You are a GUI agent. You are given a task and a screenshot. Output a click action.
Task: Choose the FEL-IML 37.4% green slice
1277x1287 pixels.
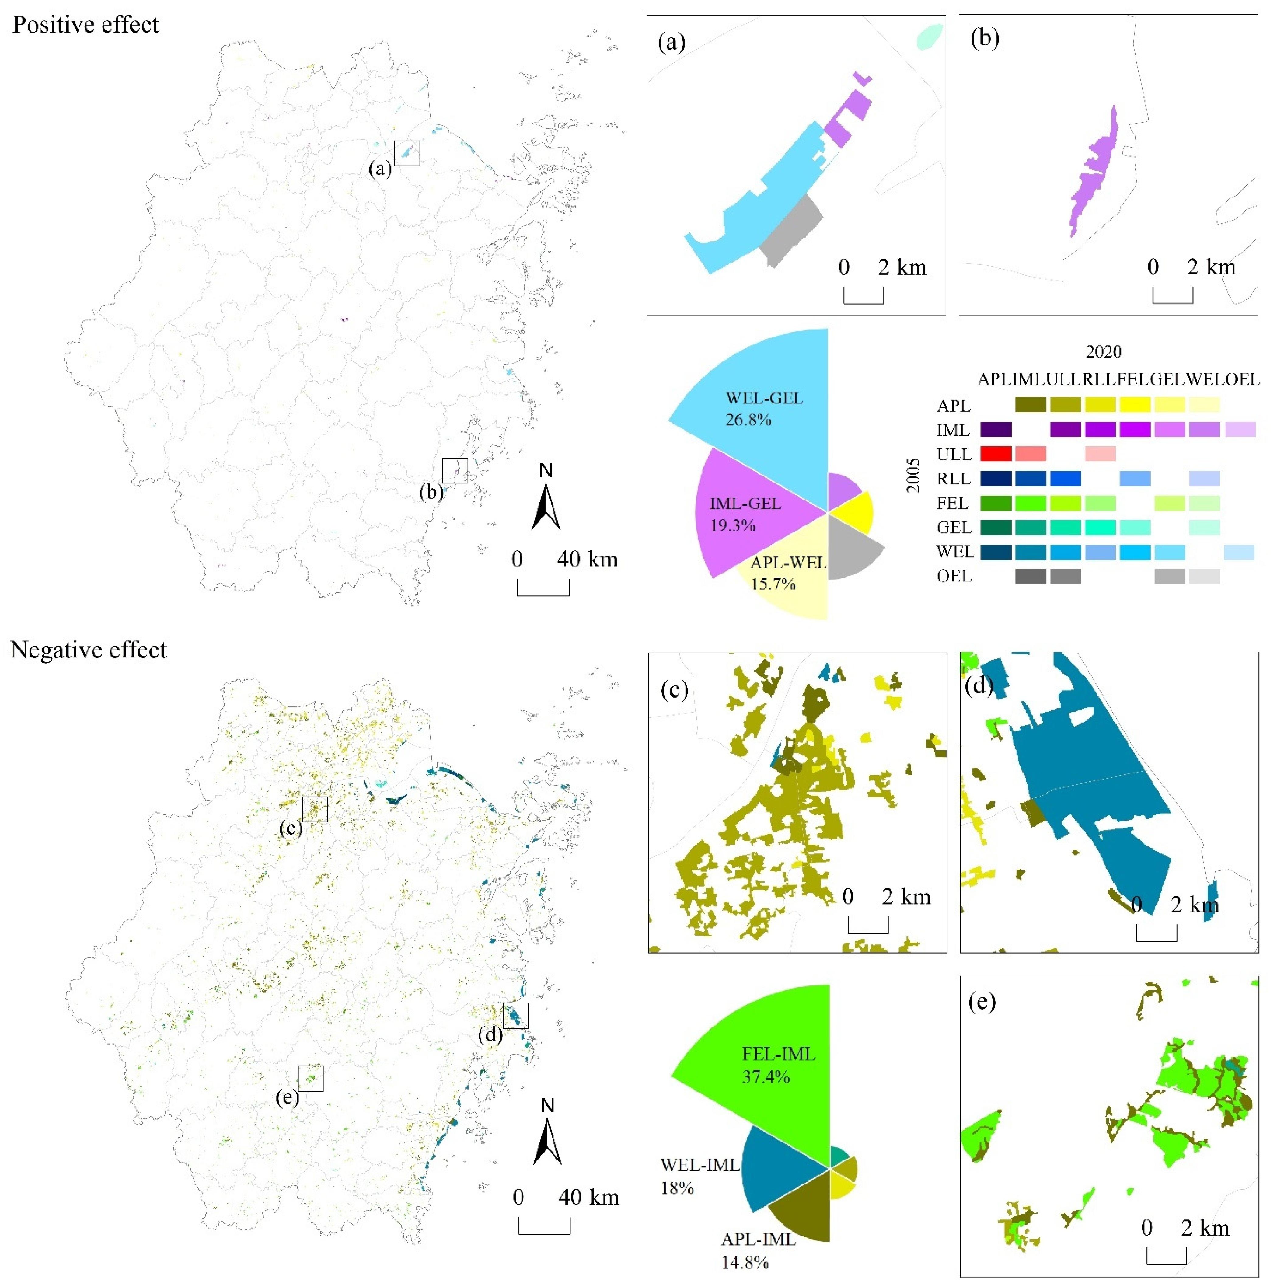click(773, 1066)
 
